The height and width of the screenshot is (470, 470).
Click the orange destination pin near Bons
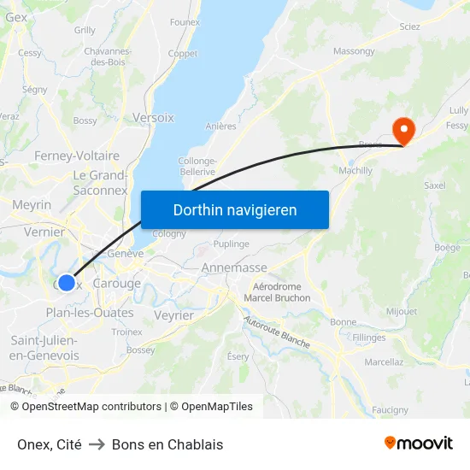402,131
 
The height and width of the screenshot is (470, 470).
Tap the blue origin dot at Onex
67,282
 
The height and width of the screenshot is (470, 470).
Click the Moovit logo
419,444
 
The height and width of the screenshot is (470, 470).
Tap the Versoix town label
153,117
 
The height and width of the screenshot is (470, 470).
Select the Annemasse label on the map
233,267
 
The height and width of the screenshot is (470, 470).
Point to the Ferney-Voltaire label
77,156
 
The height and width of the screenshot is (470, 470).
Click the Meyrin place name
32,205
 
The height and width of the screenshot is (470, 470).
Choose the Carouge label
116,284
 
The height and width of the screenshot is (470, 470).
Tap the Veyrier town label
174,315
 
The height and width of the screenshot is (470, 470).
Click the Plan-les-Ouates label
89,313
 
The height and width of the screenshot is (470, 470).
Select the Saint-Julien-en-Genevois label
44,348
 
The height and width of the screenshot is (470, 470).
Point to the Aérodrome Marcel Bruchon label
277,292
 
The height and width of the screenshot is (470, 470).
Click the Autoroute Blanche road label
276,332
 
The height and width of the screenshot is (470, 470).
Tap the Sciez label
409,26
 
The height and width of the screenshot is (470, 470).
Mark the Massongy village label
354,51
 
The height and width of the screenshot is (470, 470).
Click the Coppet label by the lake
183,53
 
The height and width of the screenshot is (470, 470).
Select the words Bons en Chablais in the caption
167,444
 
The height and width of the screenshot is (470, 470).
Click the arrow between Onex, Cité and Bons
97,444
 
